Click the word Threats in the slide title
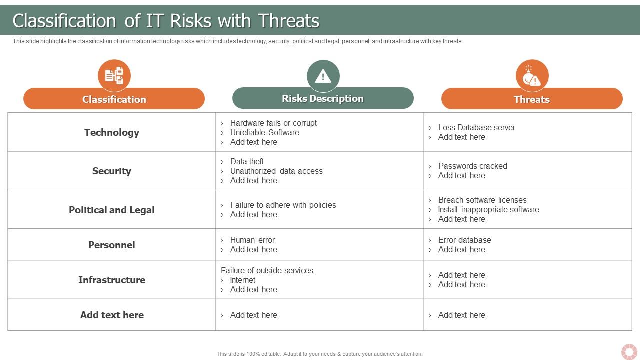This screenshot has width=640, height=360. (x=289, y=21)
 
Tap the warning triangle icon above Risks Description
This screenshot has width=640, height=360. (x=323, y=76)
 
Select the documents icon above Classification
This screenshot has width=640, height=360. (x=114, y=75)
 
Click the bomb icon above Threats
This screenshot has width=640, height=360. (x=532, y=76)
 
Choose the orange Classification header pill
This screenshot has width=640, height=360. (x=114, y=99)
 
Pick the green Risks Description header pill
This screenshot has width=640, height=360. (x=323, y=98)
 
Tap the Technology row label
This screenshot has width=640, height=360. (x=112, y=132)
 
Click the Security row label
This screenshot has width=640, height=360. (x=112, y=171)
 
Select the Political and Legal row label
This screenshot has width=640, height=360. (x=112, y=210)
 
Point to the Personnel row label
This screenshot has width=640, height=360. (x=112, y=245)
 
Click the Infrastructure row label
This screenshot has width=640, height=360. (x=112, y=280)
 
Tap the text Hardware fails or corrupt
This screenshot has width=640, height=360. (x=273, y=123)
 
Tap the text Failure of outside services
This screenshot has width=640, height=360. (x=267, y=270)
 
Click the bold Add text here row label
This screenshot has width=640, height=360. (x=112, y=315)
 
